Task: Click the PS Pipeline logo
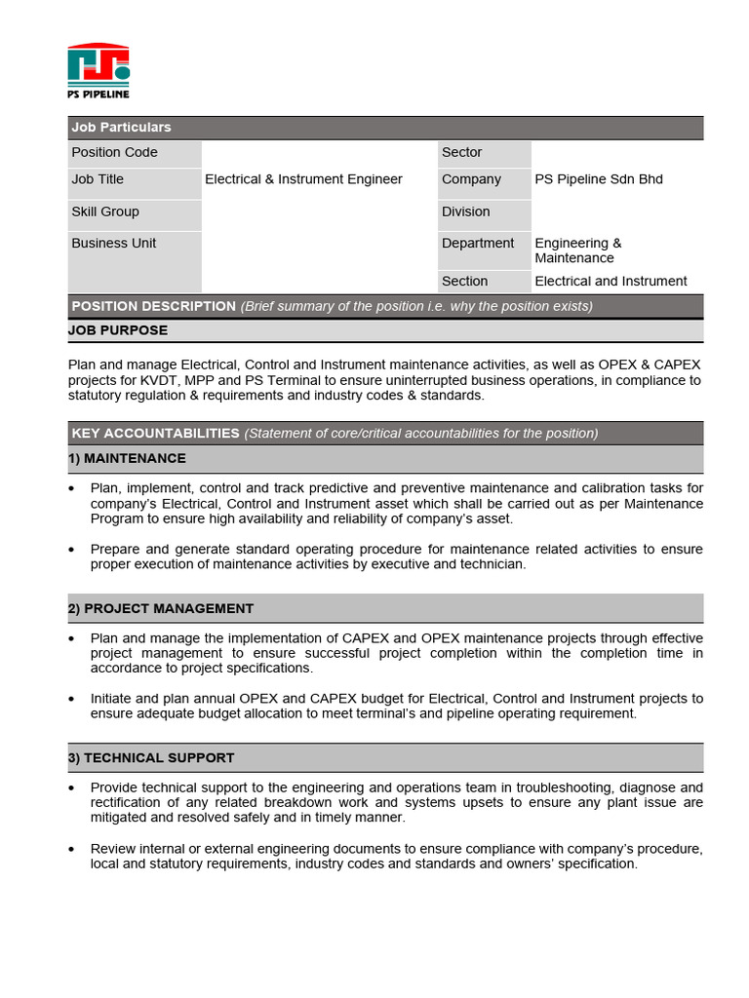[99, 70]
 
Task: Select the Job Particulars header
[121, 128]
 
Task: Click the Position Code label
[114, 152]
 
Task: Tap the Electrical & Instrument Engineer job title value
[303, 179]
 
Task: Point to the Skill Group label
[105, 211]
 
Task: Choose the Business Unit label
[113, 243]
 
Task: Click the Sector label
[461, 152]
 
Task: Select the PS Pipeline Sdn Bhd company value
[599, 179]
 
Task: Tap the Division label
[465, 211]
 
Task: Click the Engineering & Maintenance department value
[577, 250]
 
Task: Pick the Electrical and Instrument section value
[611, 281]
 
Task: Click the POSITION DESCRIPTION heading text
[153, 306]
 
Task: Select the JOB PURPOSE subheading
[118, 330]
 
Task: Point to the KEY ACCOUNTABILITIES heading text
[155, 433]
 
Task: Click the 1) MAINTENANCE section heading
[127, 458]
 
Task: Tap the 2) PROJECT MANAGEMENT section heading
[161, 608]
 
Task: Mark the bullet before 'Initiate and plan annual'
[73, 700]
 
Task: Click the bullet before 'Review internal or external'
[73, 850]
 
